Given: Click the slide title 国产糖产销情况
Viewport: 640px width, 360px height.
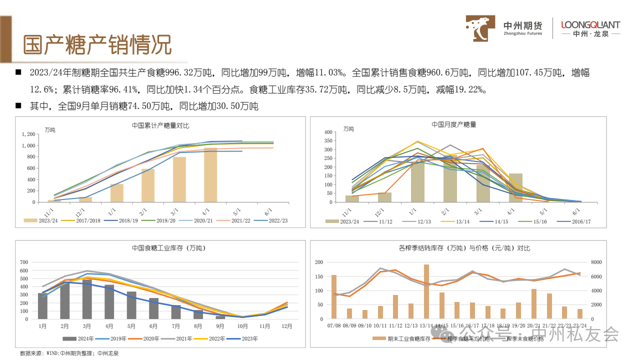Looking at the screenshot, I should (x=97, y=45).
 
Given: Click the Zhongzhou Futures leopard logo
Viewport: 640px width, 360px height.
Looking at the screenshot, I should (x=481, y=28).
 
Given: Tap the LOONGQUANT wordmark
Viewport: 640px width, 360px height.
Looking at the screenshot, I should (x=590, y=24).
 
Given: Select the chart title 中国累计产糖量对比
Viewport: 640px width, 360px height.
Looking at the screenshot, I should (x=160, y=125).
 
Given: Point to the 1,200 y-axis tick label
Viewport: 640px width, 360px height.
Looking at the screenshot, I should (x=28, y=134).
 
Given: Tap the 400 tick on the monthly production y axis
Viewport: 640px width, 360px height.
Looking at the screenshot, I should (x=328, y=132).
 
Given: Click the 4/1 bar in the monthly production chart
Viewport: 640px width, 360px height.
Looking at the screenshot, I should (x=515, y=187).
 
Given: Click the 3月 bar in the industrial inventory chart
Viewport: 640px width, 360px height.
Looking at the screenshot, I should (x=87, y=299).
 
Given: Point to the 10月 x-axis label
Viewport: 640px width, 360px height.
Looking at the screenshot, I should (x=243, y=326).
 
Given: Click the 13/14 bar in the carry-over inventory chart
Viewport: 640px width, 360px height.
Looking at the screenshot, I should (x=426, y=291).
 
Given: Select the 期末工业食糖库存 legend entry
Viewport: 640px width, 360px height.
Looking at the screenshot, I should (x=405, y=338).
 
